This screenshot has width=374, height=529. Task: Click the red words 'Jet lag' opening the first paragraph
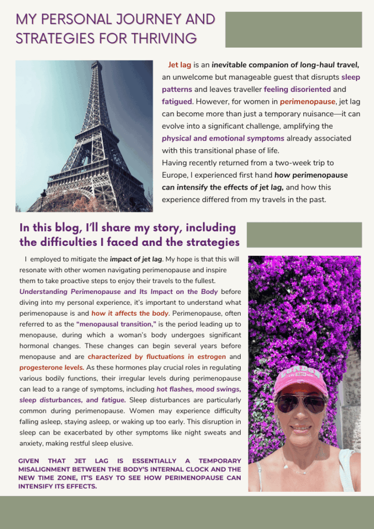(180, 66)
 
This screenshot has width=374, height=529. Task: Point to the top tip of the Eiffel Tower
(96, 63)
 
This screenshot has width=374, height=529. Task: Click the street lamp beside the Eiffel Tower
(43, 198)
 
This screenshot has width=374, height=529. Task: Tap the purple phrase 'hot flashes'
(176, 389)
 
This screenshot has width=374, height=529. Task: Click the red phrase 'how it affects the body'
(130, 313)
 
